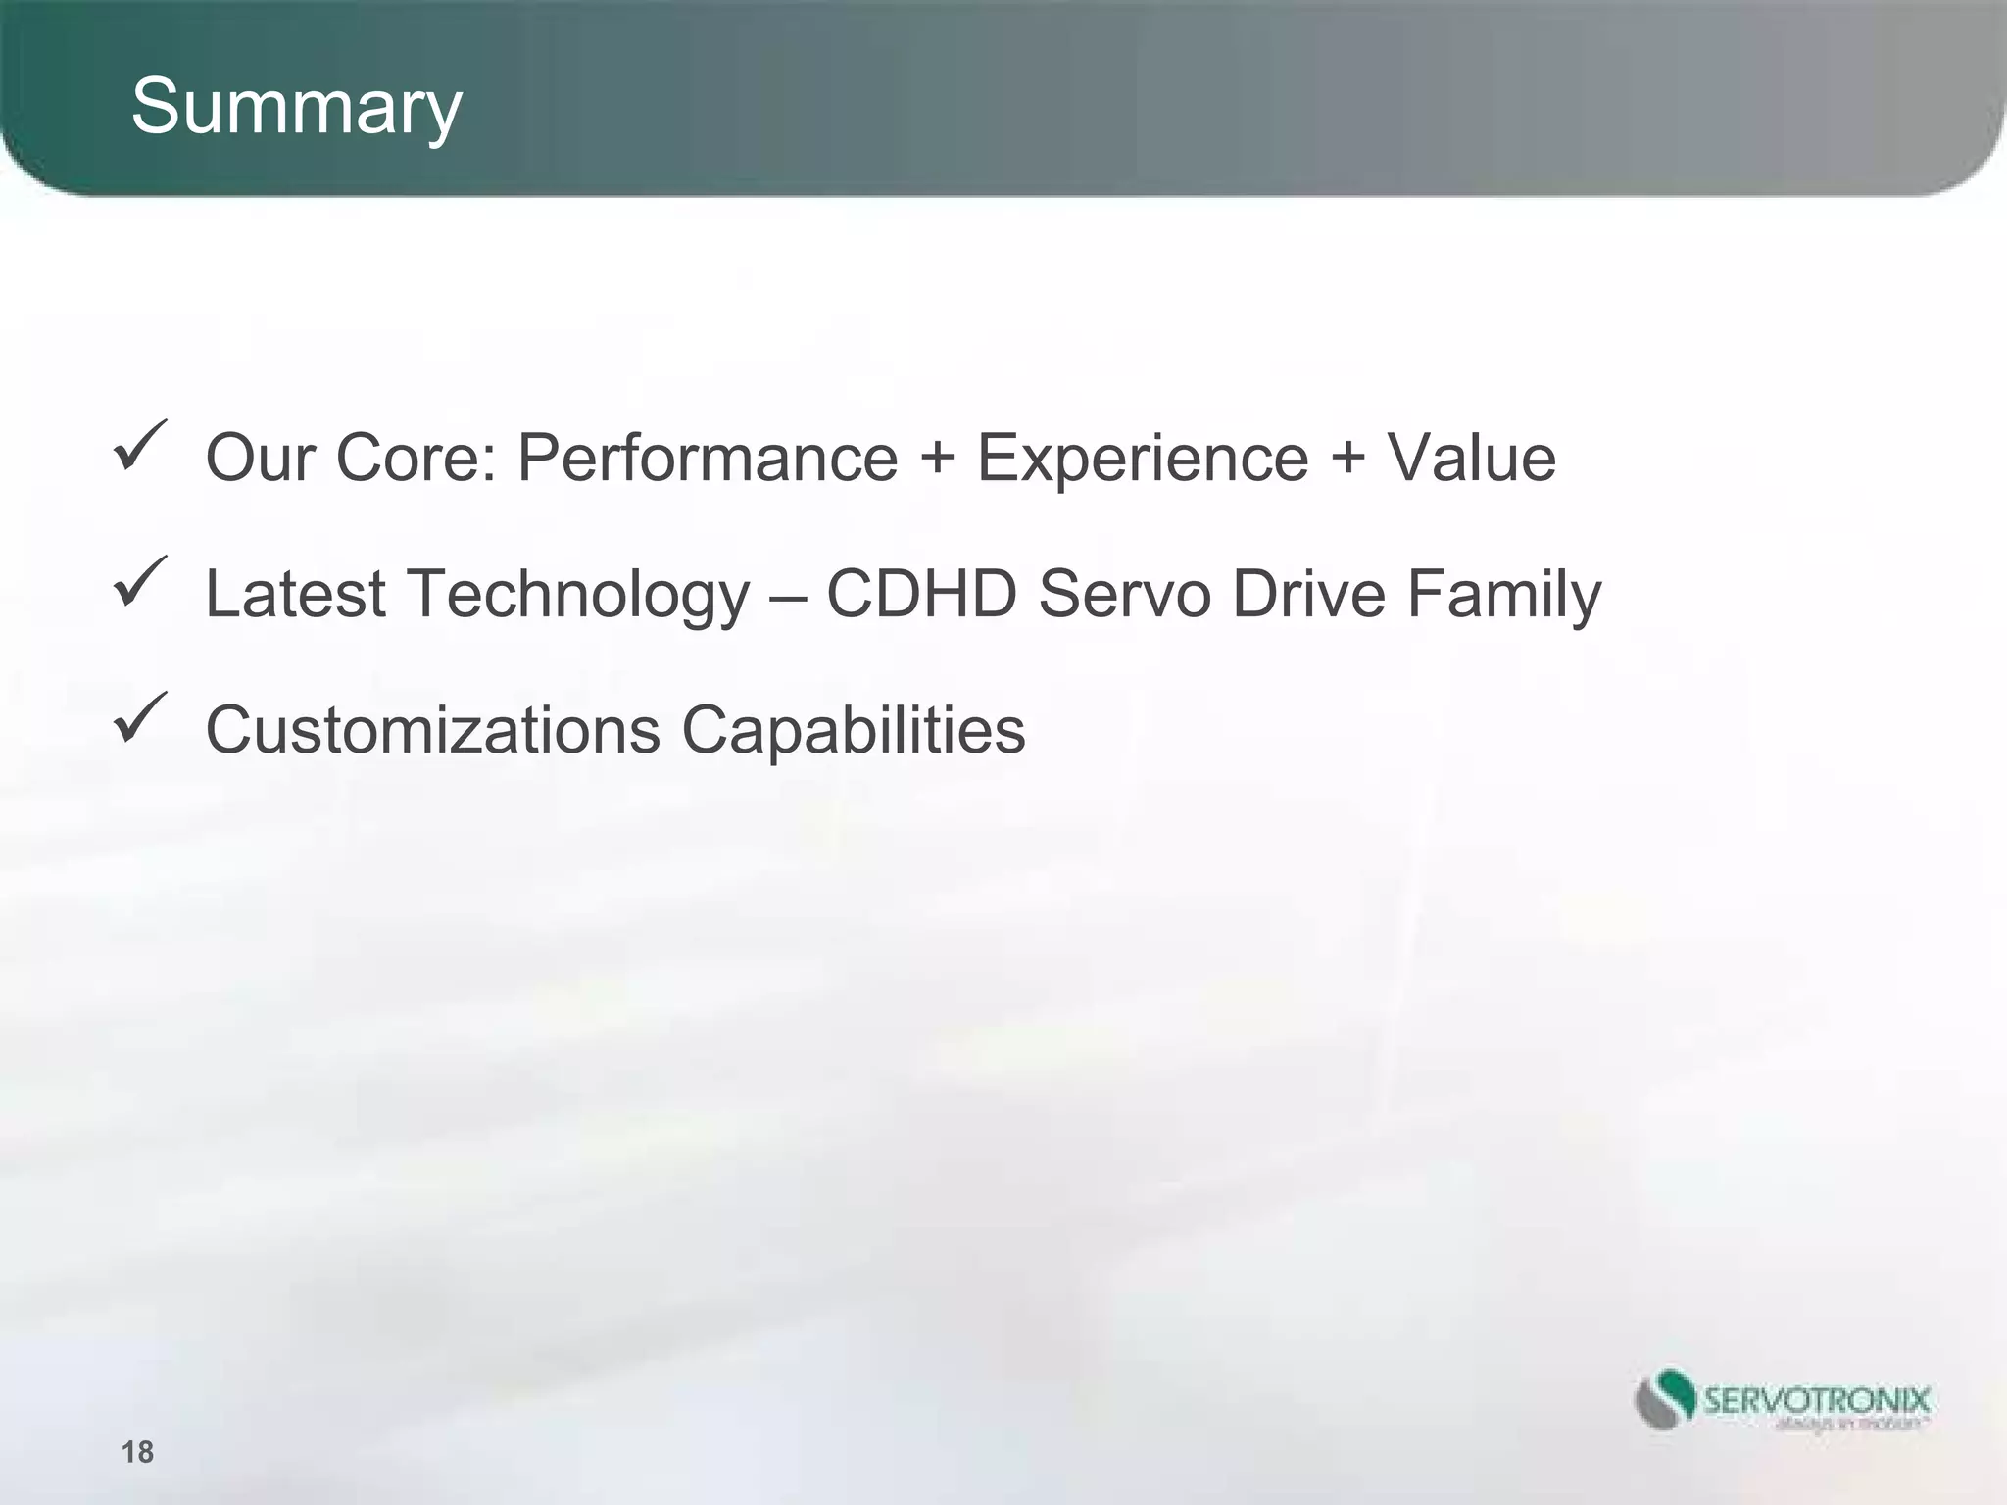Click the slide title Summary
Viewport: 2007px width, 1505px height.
pos(296,108)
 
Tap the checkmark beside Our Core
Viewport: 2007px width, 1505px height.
pos(140,446)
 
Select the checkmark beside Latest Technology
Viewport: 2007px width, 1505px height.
pos(140,582)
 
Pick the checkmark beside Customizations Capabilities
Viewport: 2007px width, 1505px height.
pos(140,717)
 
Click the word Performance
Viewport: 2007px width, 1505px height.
pos(707,459)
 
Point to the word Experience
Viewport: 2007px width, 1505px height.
pos(1143,459)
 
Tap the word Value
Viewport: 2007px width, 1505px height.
pos(1471,459)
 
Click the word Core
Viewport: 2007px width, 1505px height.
pos(416,459)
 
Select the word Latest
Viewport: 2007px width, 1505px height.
pos(295,594)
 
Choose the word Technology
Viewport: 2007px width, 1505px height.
pos(578,596)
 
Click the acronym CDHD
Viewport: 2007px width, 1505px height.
pos(921,594)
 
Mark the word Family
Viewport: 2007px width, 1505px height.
pos(1504,596)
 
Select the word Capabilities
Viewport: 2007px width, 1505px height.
pos(854,730)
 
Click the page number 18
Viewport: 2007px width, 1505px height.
pos(137,1451)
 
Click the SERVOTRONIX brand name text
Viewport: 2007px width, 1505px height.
pos(1817,1399)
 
